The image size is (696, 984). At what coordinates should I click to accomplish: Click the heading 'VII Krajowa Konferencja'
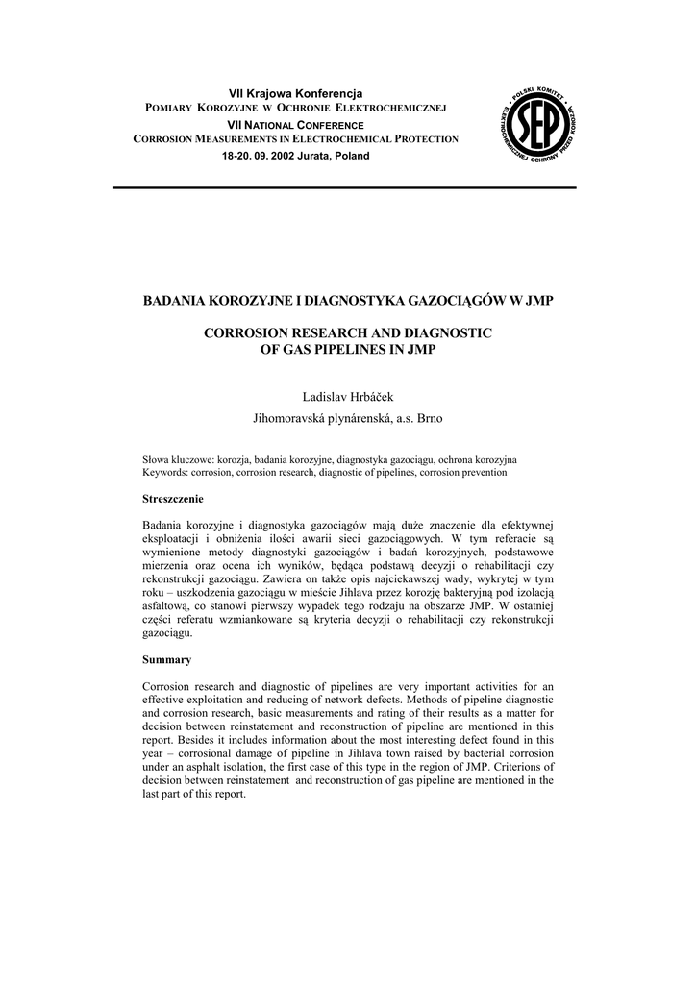tap(295, 93)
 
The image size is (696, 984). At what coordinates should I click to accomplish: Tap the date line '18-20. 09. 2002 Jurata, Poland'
tap(295, 156)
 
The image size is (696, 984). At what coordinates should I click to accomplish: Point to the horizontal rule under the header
tap(345, 188)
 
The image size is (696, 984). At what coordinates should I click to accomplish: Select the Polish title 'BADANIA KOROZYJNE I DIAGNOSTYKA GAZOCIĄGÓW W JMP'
tap(348, 301)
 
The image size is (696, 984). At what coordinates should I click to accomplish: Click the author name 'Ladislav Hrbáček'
tap(348, 397)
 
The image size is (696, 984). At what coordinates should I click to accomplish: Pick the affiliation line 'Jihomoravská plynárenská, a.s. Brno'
tap(348, 419)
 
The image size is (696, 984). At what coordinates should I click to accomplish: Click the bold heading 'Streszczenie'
tap(173, 500)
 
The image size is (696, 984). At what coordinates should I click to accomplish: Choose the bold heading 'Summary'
tap(167, 659)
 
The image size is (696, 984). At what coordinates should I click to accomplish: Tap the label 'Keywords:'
tap(165, 473)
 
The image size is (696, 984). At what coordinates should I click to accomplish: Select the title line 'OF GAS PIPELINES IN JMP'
tap(348, 349)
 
